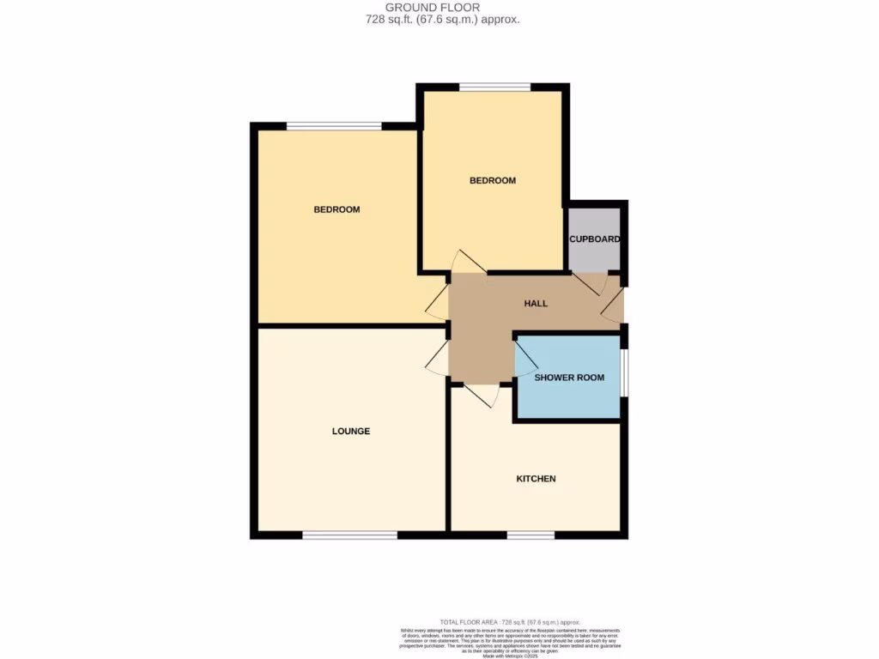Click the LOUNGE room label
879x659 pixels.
click(350, 431)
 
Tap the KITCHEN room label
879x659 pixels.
click(536, 478)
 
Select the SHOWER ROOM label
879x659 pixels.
click(569, 378)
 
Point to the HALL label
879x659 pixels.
click(536, 303)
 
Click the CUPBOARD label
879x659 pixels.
click(594, 239)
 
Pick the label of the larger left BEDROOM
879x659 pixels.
click(336, 209)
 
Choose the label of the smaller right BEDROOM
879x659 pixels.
click(492, 180)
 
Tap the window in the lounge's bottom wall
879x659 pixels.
click(349, 535)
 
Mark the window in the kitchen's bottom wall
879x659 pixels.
click(530, 535)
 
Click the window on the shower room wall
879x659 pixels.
click(624, 373)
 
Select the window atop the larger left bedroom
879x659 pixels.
click(334, 126)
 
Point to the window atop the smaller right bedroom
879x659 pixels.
click(494, 87)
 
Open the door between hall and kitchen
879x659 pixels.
click(482, 394)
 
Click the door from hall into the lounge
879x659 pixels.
click(438, 357)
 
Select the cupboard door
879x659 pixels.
click(590, 283)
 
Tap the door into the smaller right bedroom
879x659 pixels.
click(469, 263)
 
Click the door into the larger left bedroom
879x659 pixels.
click(438, 302)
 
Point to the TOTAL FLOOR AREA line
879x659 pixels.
click(510, 621)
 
